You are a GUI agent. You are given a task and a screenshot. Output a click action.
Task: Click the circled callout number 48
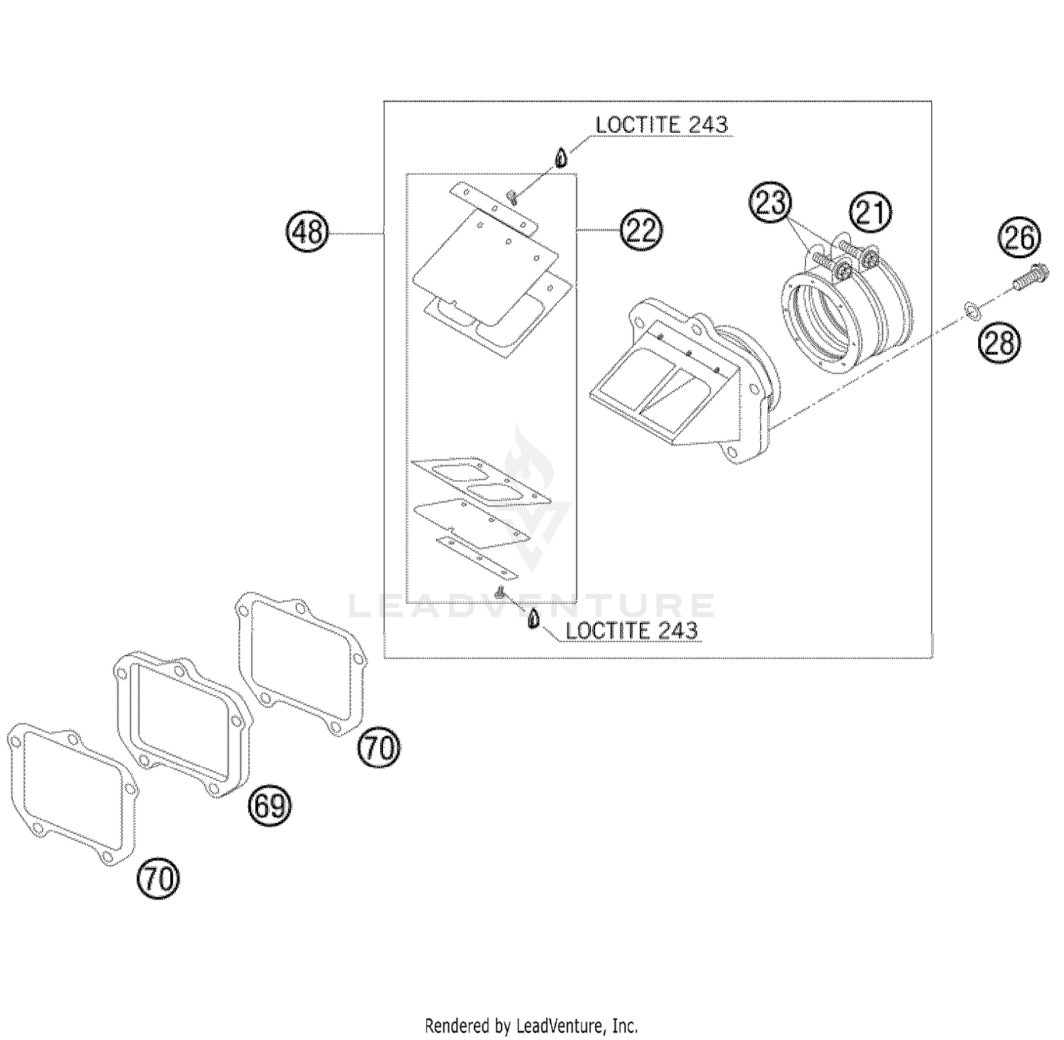[308, 231]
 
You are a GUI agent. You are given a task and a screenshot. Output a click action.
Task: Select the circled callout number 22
[641, 230]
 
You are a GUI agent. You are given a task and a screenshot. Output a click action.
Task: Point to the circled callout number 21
[871, 212]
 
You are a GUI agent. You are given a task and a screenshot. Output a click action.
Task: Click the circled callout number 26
[1020, 238]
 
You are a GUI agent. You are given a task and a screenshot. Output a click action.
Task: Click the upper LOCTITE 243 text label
[661, 125]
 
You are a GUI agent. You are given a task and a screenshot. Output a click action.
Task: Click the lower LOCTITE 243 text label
[631, 631]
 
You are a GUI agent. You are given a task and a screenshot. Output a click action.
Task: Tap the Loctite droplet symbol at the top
[561, 157]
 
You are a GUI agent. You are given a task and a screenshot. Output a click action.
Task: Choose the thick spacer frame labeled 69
[182, 724]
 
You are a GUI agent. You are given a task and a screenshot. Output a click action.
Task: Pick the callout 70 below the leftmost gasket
[159, 879]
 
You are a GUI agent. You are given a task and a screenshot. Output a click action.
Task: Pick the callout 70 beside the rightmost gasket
[379, 748]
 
